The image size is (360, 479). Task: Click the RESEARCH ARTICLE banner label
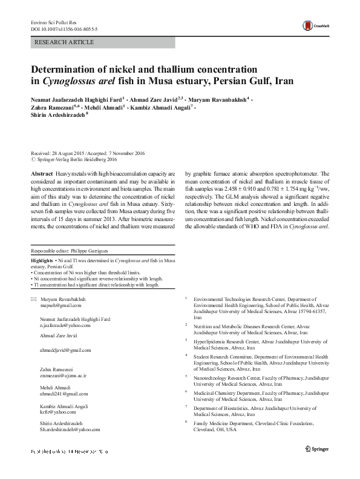(65, 42)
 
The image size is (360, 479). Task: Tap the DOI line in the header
(61, 29)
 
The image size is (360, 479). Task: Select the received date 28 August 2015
(72, 153)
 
